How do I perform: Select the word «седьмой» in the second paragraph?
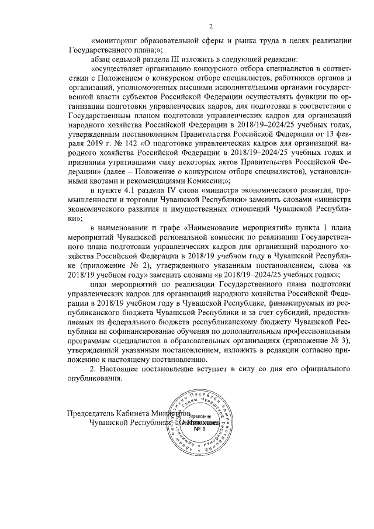[x=129, y=60]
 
